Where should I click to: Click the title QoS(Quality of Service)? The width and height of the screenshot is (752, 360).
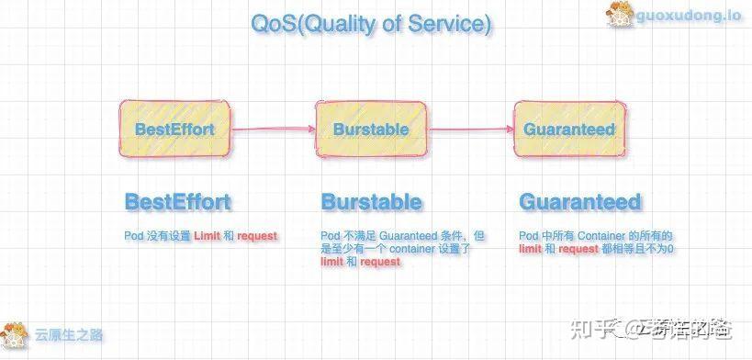coord(370,25)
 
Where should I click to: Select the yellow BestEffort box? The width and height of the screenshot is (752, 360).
coord(174,129)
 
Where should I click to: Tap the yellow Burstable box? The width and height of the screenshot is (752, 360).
coord(371,129)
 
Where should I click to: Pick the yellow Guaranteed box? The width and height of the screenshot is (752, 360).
coord(568,129)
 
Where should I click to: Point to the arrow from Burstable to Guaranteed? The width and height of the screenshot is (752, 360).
coord(469,129)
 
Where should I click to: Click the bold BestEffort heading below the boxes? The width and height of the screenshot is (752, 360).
coord(178,202)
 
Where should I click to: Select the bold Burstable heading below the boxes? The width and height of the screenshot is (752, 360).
coord(371,202)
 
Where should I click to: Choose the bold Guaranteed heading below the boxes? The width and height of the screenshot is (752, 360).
coord(579,202)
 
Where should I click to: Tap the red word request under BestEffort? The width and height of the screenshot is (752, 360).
coord(257,236)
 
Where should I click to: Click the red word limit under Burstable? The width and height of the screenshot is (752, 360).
coord(332,262)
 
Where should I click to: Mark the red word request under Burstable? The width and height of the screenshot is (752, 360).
coord(380,262)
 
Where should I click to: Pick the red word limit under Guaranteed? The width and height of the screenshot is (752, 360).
coord(530,249)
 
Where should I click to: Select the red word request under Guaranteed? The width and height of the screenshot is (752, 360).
coord(579,249)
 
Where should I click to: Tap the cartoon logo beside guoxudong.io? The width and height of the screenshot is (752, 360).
coord(620,16)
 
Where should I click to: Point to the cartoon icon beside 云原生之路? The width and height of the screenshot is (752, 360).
coord(15,334)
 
